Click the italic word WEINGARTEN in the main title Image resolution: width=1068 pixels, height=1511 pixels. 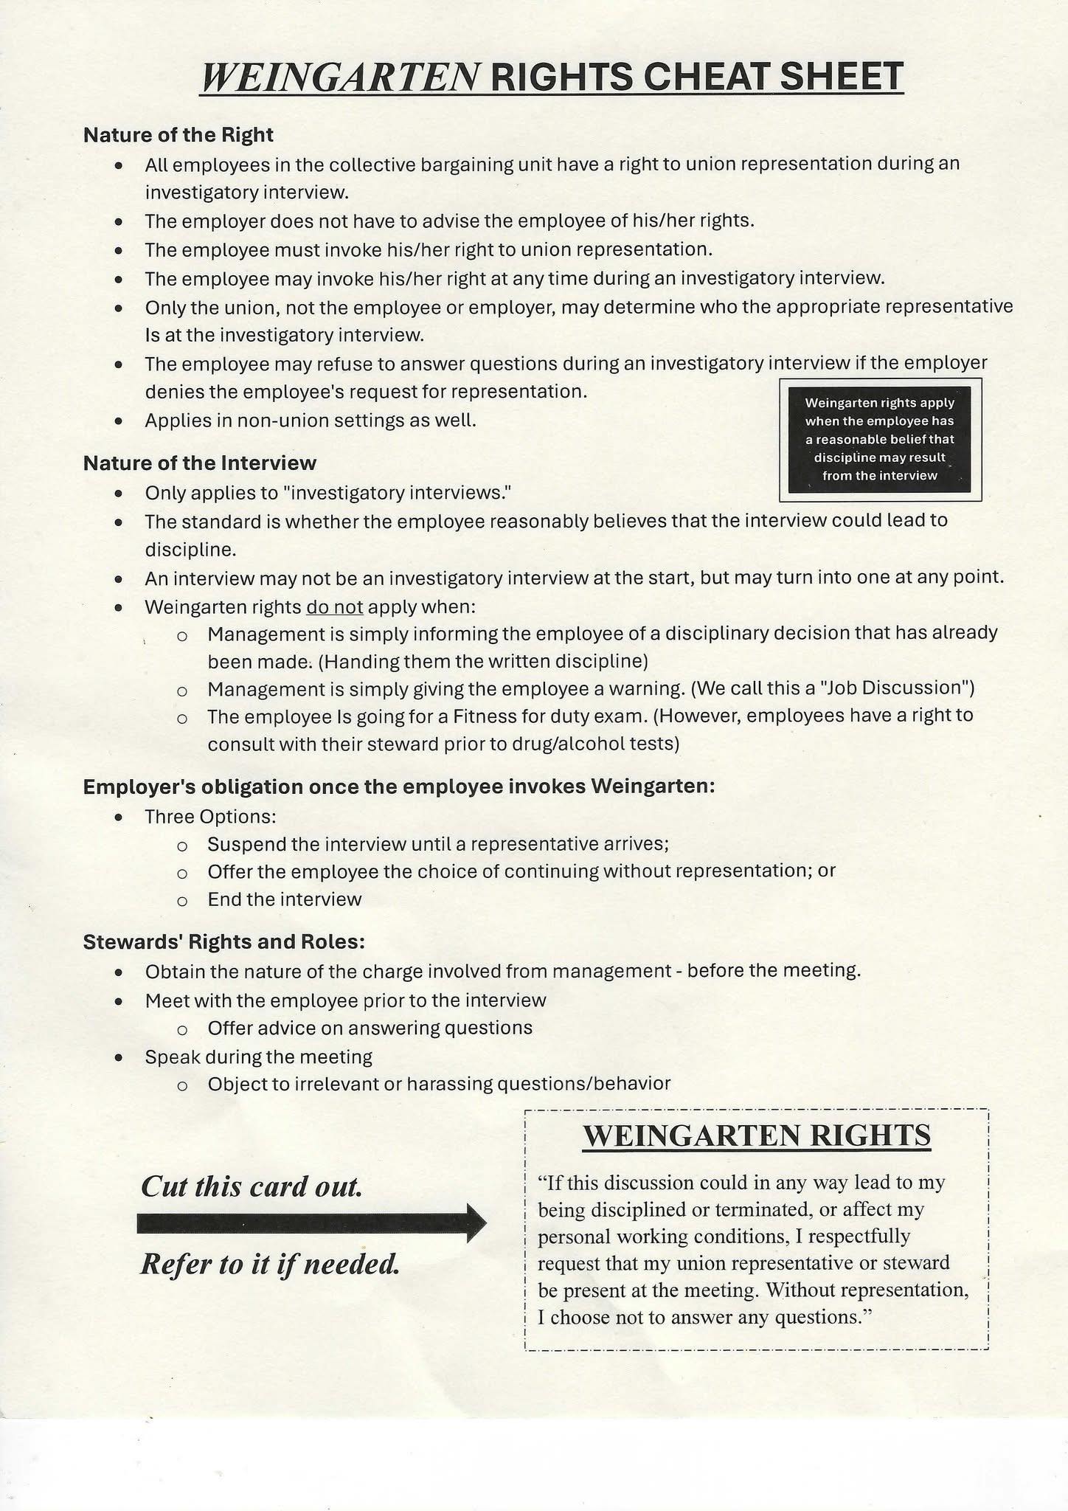coord(340,77)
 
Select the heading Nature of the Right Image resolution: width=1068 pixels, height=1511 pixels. coord(178,135)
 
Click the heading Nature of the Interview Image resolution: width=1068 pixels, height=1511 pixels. coord(199,463)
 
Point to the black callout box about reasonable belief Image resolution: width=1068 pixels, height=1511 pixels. coord(879,439)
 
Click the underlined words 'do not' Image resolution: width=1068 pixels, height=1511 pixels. coord(334,607)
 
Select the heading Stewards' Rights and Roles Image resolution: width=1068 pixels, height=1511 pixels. coord(224,942)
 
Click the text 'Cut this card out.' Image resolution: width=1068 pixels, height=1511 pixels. coord(252,1186)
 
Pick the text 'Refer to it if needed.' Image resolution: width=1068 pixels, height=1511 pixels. coord(270,1265)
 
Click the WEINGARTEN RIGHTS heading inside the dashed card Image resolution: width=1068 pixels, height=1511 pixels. coord(757,1135)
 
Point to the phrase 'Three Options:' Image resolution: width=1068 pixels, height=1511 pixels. coord(210,817)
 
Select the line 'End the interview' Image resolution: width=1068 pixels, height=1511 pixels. coord(285,899)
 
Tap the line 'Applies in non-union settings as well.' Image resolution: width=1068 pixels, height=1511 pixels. coord(311,421)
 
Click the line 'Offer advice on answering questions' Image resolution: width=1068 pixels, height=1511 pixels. coord(370,1028)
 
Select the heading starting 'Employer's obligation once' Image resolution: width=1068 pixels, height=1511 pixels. coord(399,786)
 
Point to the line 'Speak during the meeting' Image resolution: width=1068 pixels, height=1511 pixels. coord(258,1057)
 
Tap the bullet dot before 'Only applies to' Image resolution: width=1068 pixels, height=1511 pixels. coord(119,493)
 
